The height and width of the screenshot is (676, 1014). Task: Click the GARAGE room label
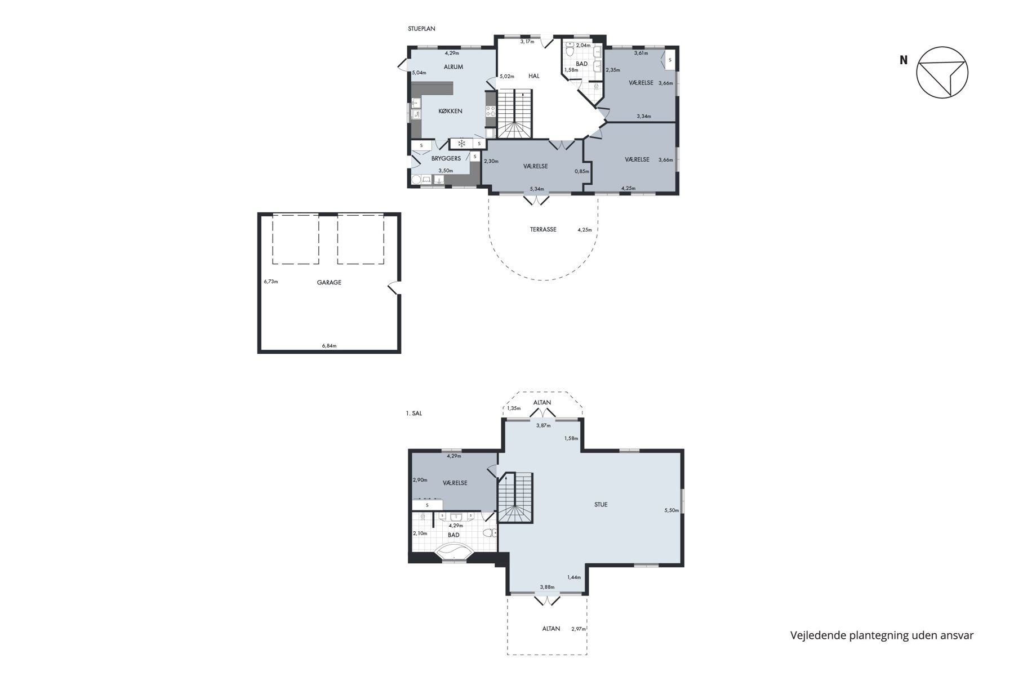pyautogui.click(x=329, y=283)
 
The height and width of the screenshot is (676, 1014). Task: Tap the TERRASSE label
pyautogui.click(x=543, y=229)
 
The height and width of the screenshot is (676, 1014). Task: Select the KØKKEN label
pyautogui.click(x=451, y=111)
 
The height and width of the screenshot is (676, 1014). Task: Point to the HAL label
pyautogui.click(x=534, y=76)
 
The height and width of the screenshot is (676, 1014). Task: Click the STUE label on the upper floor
pyautogui.click(x=601, y=505)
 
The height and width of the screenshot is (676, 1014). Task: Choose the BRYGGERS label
pyautogui.click(x=446, y=158)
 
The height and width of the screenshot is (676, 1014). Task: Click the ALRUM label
pyautogui.click(x=453, y=67)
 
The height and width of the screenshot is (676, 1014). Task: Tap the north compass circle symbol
pyautogui.click(x=942, y=73)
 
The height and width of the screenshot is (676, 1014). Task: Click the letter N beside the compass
pyautogui.click(x=904, y=60)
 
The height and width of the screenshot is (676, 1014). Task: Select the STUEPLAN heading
pyautogui.click(x=422, y=29)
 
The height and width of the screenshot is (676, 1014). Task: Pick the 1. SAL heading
pyautogui.click(x=414, y=413)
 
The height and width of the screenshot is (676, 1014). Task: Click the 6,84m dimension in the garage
pyautogui.click(x=329, y=346)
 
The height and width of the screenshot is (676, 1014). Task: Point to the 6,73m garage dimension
pyautogui.click(x=271, y=282)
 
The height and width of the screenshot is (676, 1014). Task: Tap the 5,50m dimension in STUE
pyautogui.click(x=671, y=510)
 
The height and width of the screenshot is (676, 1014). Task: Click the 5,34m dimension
pyautogui.click(x=537, y=189)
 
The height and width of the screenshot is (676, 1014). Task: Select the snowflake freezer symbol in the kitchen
pyautogui.click(x=461, y=143)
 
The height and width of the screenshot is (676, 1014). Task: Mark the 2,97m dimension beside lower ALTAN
pyautogui.click(x=579, y=629)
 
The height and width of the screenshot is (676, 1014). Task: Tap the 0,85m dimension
pyautogui.click(x=582, y=171)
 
